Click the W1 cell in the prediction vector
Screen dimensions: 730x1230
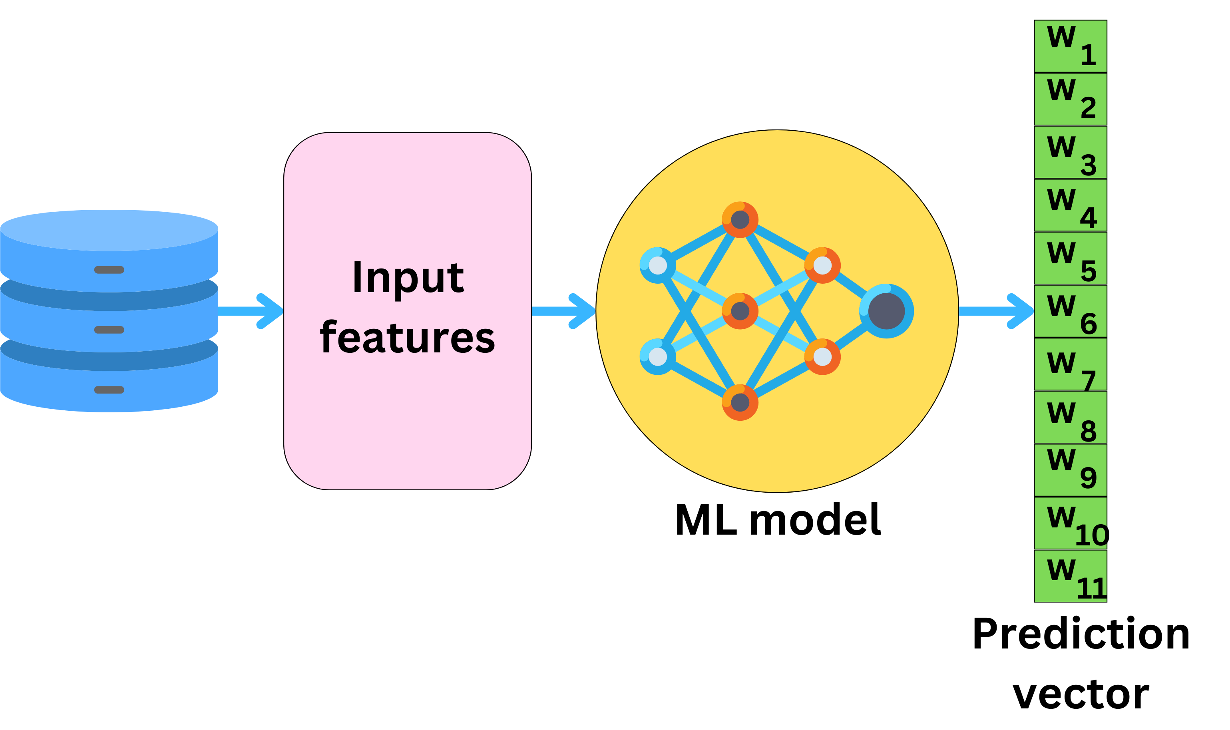[1070, 46]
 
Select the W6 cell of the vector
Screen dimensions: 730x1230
[1070, 311]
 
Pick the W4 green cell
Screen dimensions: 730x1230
[1070, 205]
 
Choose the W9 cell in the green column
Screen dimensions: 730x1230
[1070, 470]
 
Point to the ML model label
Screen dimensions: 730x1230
[777, 520]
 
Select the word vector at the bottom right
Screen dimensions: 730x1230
[1081, 694]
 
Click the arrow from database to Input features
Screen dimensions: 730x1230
[251, 311]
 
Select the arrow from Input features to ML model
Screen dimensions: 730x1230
[563, 311]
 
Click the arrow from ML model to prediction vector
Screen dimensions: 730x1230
[996, 311]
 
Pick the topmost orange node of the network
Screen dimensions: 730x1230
[740, 219]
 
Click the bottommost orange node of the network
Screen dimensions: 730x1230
[740, 402]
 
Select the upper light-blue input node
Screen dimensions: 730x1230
[657, 265]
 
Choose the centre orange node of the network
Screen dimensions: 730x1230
[740, 311]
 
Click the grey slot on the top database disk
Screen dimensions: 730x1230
[109, 270]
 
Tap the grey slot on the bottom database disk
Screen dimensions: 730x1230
[109, 390]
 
